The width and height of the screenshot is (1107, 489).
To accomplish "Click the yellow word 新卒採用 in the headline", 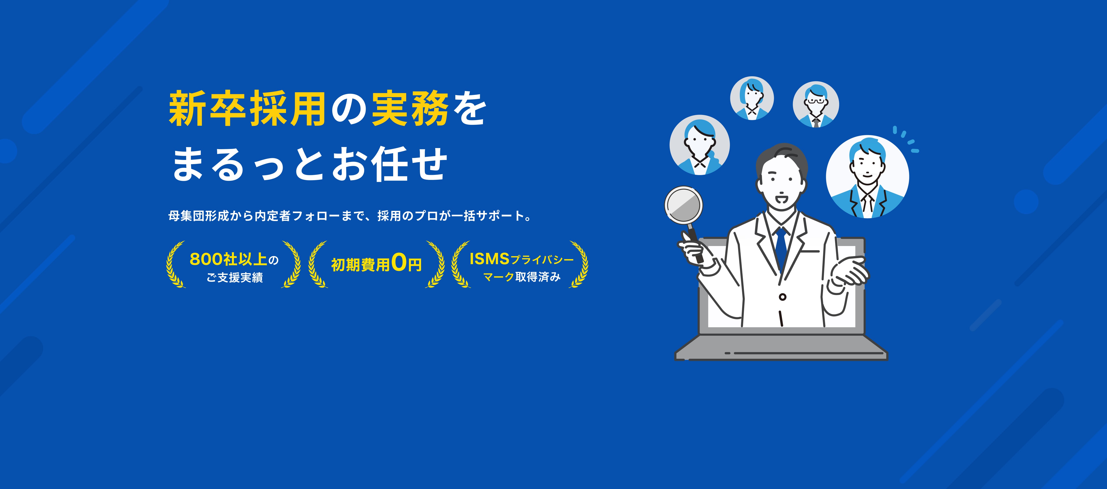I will click(247, 109).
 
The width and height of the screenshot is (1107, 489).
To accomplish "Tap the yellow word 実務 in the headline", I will click(410, 109).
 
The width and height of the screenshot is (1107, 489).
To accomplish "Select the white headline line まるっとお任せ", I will click(309, 164).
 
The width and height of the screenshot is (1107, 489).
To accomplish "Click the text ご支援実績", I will click(235, 278).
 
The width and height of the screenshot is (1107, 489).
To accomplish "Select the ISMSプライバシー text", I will click(521, 259).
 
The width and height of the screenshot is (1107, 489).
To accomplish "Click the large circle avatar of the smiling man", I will click(867, 177).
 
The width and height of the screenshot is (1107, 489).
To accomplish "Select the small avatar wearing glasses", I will click(816, 104).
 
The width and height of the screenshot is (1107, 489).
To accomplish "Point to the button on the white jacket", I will click(783, 297).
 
